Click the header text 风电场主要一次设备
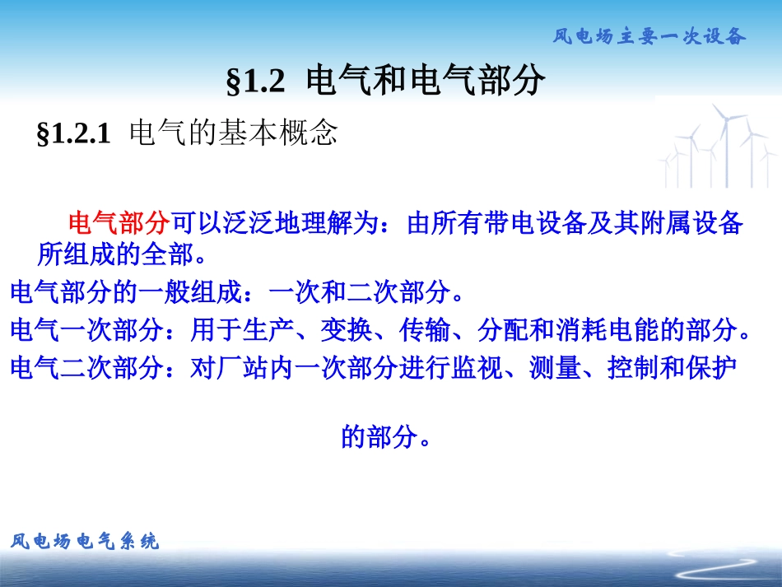pyautogui.click(x=649, y=36)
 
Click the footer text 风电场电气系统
pyautogui.click(x=85, y=541)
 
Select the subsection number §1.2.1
pyautogui.click(x=73, y=133)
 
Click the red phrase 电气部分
pyautogui.click(x=119, y=223)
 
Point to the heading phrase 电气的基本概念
pyautogui.click(x=234, y=133)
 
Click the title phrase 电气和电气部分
pyautogui.click(x=425, y=81)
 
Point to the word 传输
pyautogui.click(x=424, y=330)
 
